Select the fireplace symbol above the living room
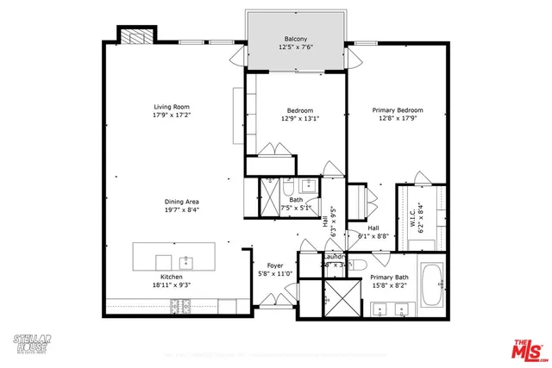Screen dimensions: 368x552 (135, 36)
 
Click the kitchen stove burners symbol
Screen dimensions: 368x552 (182, 304)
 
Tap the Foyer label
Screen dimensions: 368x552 (274, 265)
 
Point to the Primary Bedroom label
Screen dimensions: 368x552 (397, 110)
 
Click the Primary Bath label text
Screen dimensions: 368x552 (389, 278)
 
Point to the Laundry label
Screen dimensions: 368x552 (334, 257)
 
